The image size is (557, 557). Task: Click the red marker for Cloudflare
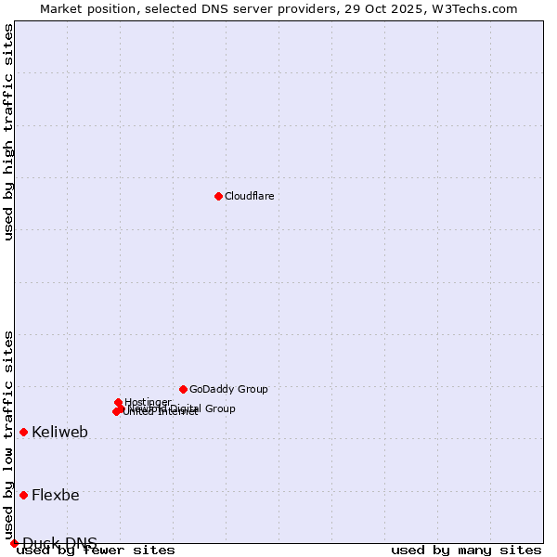coord(218,196)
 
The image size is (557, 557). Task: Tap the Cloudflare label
coord(249,196)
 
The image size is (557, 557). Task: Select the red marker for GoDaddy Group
coord(183,389)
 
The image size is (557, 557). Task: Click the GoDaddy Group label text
coord(228,389)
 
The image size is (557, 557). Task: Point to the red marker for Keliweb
coord(23,432)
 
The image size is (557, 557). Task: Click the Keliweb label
coord(59,432)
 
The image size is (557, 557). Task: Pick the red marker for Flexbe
coord(23,495)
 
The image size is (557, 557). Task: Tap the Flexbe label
coord(55,495)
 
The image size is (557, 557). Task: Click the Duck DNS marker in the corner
coord(14,543)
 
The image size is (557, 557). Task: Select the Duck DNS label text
coord(59,543)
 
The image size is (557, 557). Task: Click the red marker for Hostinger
coord(119,402)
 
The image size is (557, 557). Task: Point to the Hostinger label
coord(148,402)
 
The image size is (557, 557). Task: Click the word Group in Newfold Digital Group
coord(221,408)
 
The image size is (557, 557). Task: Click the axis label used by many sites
coord(466,550)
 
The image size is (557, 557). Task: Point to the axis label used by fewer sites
coord(96,550)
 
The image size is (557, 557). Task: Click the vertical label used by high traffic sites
coord(8,132)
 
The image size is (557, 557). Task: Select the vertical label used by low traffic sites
coord(8,434)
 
